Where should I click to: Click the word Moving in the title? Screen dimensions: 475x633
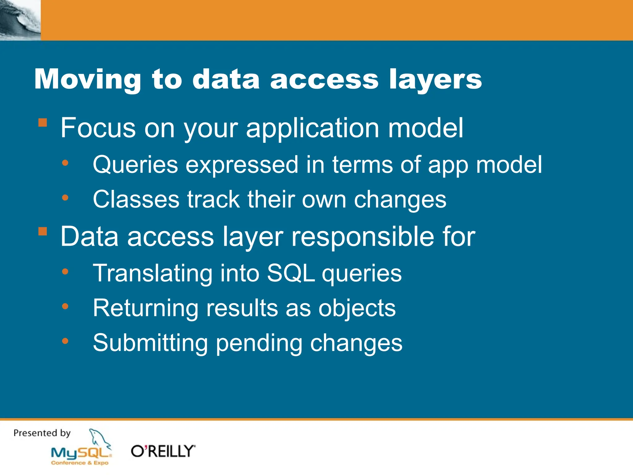click(x=87, y=79)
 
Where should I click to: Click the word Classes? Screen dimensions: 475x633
click(x=136, y=199)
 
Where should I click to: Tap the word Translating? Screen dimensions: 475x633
click(x=152, y=273)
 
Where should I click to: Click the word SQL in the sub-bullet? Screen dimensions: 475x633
click(x=290, y=273)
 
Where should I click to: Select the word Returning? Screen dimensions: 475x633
click(x=146, y=308)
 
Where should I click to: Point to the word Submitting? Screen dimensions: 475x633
click(x=150, y=343)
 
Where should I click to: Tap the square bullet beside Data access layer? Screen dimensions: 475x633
click(x=43, y=231)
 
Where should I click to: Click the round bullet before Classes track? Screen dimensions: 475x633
click(x=65, y=198)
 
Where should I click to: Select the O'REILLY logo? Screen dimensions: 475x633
click(x=163, y=451)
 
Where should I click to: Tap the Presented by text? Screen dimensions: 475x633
click(x=42, y=433)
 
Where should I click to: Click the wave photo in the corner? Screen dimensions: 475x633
click(x=20, y=20)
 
